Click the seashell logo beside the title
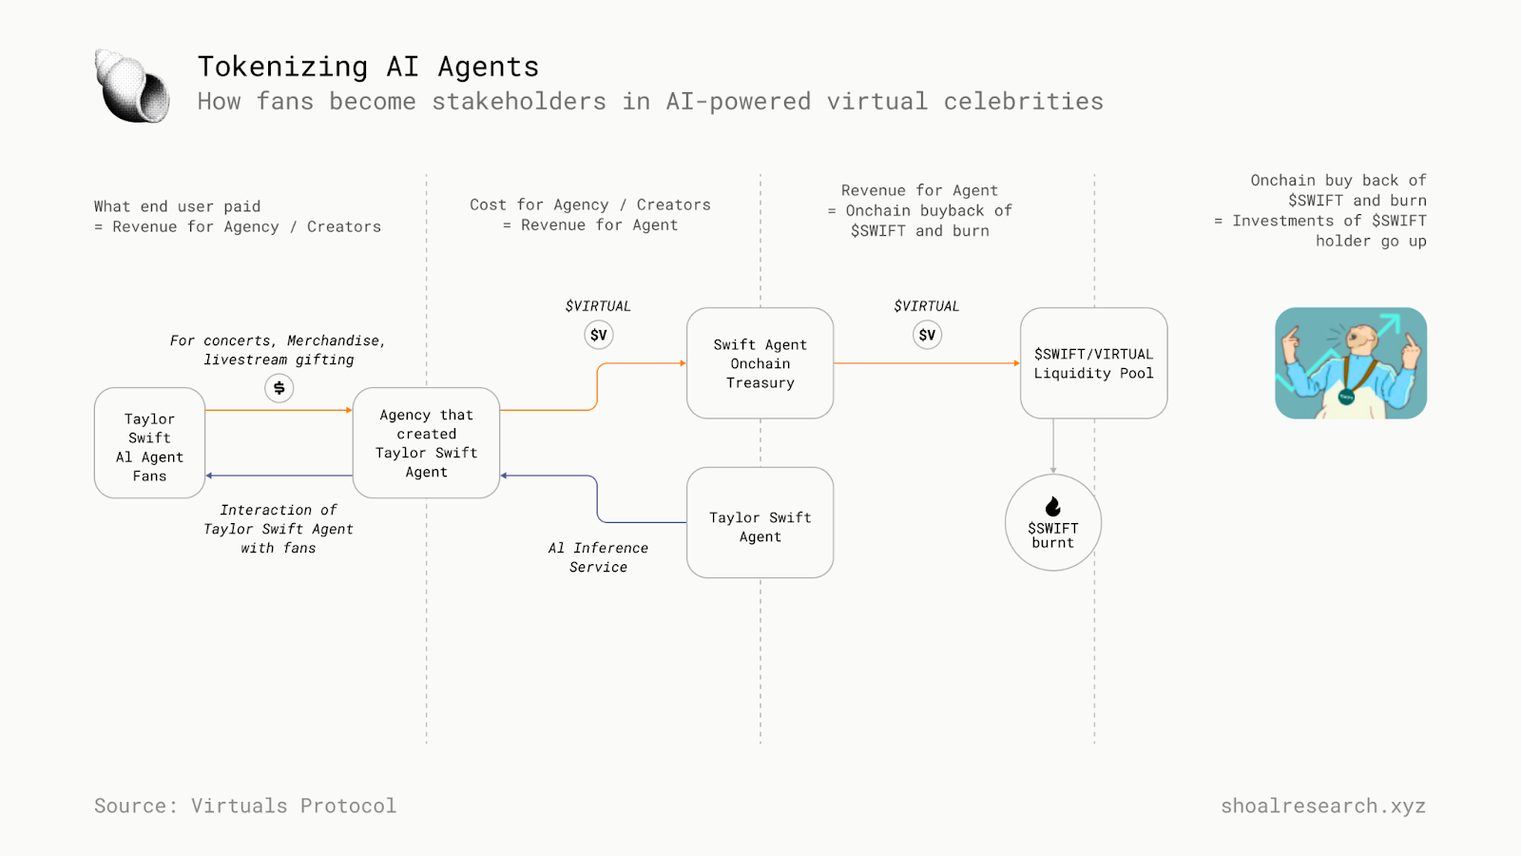tap(132, 87)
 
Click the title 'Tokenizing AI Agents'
tap(368, 67)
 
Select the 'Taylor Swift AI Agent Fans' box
tap(149, 443)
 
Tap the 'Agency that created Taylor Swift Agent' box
tap(426, 443)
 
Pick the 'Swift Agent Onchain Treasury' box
tap(760, 363)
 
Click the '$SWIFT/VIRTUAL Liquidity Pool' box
tap(1093, 363)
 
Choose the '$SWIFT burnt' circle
tap(1052, 524)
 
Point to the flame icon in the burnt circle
tap(1052, 506)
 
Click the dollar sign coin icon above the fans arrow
tap(279, 388)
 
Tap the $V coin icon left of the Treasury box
tap(598, 335)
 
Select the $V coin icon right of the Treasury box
tap(927, 335)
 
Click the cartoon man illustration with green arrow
tap(1350, 363)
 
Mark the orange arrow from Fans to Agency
tap(279, 410)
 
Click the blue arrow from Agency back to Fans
tap(279, 476)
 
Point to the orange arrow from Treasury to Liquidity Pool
tap(927, 363)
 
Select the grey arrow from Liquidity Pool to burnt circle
tap(1052, 446)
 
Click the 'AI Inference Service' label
tap(598, 557)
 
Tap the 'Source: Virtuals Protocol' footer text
tap(245, 806)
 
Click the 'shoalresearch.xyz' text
tap(1322, 806)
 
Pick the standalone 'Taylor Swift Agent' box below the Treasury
tap(760, 523)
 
